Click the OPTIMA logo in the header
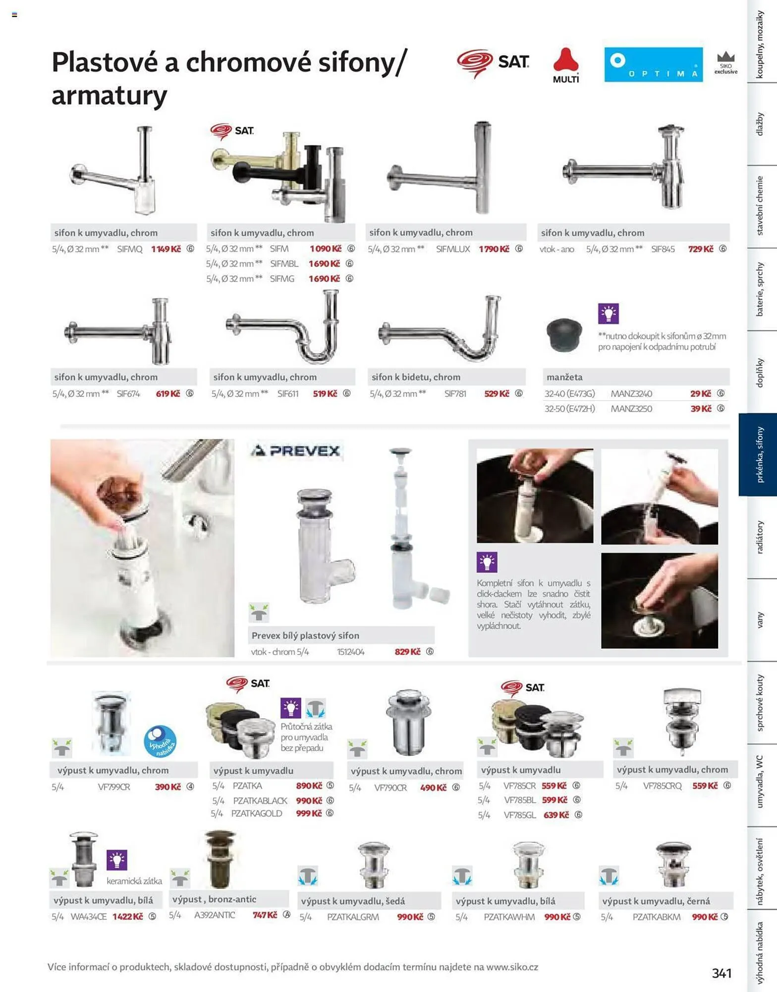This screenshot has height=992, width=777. tap(653, 64)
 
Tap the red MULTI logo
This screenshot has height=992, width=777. tap(566, 65)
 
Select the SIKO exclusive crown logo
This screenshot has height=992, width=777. tap(726, 63)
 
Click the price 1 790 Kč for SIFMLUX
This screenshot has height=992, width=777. tap(494, 249)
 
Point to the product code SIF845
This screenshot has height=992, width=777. tap(663, 249)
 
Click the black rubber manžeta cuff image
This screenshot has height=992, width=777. tap(564, 335)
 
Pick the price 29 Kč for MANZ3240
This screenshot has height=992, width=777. tap(701, 394)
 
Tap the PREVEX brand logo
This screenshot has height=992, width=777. tap(295, 451)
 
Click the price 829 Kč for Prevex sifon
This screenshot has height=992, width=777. tap(407, 652)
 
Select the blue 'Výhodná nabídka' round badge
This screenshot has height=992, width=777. tap(160, 742)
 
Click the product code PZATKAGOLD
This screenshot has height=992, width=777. tap(257, 813)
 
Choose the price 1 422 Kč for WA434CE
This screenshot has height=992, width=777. tap(128, 917)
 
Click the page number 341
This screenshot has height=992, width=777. tap(721, 973)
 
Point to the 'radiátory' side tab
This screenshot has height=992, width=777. tap(759, 537)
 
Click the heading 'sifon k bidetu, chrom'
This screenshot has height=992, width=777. tap(416, 377)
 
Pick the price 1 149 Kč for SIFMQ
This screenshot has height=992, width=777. tap(166, 249)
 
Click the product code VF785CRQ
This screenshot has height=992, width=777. tap(662, 786)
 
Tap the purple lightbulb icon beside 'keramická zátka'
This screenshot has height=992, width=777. tap(117, 860)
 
